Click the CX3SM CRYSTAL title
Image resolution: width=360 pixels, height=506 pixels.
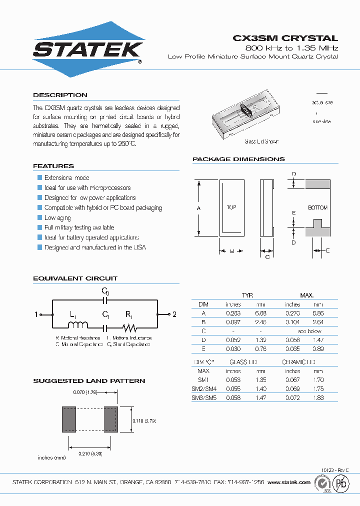[285, 38]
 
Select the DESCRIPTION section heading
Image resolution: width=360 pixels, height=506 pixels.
[60, 95]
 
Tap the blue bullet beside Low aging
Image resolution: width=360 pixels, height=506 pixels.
[39, 217]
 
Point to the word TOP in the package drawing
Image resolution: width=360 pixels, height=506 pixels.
[231, 207]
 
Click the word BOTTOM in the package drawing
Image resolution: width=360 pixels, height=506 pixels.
[317, 207]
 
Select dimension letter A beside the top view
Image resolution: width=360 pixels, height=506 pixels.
[198, 207]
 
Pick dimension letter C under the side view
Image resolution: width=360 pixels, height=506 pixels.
[267, 256]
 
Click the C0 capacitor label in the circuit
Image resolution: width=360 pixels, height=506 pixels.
[105, 291]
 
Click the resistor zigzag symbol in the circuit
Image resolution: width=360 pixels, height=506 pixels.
[130, 328]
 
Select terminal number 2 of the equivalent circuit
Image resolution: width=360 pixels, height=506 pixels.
[174, 314]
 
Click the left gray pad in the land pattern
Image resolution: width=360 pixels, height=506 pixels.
[68, 419]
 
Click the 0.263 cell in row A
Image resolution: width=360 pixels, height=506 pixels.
[233, 313]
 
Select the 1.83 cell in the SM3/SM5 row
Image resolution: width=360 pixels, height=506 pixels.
[318, 397]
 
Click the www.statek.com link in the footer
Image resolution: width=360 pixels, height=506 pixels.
[289, 482]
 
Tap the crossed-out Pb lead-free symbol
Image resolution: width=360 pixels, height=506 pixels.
[342, 483]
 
